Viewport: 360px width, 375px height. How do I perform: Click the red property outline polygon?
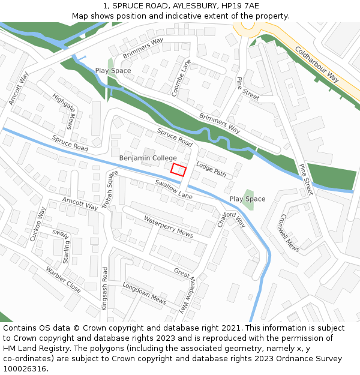(178, 169)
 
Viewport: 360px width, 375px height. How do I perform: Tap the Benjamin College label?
(148, 158)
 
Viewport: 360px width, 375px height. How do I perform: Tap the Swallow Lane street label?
(173, 189)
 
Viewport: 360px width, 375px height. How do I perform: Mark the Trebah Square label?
(110, 189)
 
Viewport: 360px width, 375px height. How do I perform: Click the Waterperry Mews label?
(168, 227)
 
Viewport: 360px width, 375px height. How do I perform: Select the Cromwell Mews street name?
(289, 233)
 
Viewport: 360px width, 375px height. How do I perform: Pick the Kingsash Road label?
(104, 288)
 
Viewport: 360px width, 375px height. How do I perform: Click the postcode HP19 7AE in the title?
(240, 5)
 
